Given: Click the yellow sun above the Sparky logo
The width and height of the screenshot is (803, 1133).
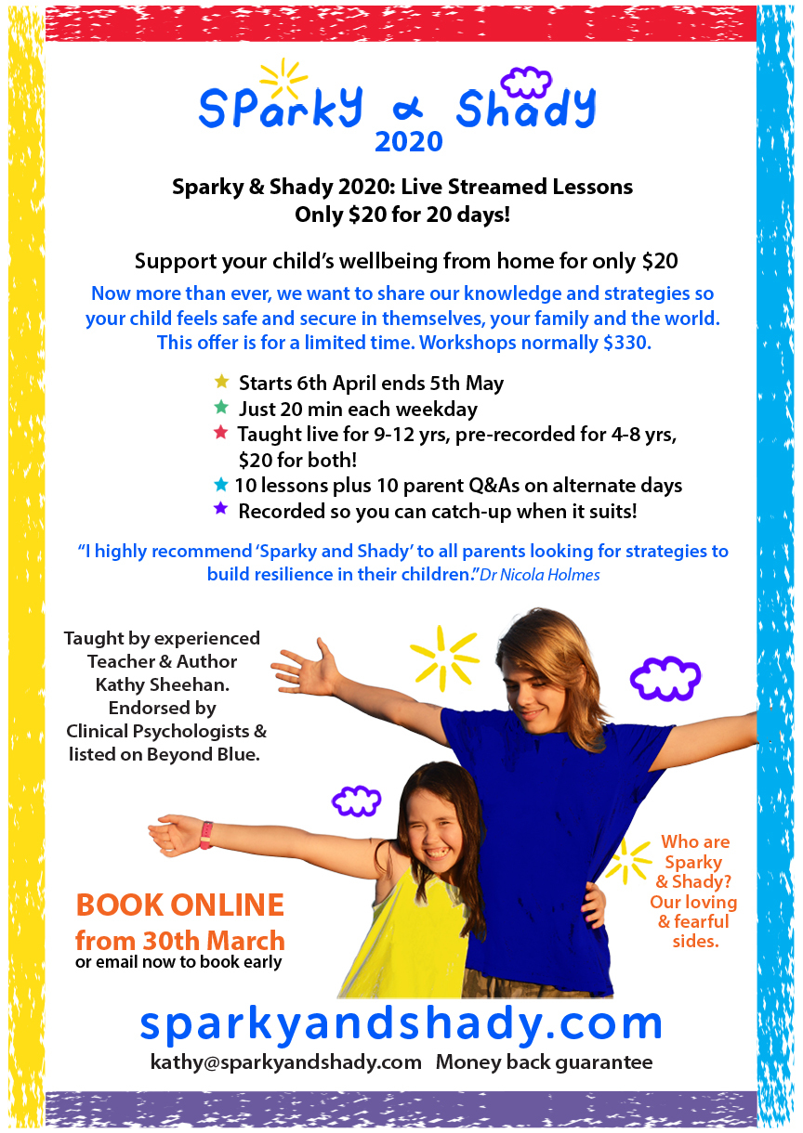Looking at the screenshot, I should click(x=282, y=80).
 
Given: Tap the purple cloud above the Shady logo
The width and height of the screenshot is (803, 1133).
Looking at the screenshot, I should click(x=525, y=82).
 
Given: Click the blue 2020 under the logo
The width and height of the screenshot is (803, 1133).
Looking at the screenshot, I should click(x=408, y=140).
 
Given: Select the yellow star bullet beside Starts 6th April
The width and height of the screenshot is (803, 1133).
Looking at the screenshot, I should click(x=221, y=381).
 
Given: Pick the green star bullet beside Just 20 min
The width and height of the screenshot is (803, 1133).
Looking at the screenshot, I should click(x=220, y=407).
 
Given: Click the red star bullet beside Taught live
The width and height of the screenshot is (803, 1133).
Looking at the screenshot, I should click(x=220, y=432).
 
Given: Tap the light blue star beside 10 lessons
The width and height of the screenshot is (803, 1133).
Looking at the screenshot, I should click(x=220, y=484).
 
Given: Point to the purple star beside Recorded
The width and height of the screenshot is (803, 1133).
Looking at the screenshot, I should click(x=220, y=509).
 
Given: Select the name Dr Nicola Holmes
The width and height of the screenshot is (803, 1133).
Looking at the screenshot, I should click(x=540, y=575).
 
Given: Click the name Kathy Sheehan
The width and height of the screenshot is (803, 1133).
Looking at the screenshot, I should click(x=163, y=684).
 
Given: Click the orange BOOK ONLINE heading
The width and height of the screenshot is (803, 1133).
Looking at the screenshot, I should click(x=179, y=905).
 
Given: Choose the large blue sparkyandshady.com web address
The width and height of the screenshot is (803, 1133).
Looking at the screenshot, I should click(x=401, y=1022).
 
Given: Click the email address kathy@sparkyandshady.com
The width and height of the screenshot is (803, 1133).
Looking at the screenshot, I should click(x=285, y=1061).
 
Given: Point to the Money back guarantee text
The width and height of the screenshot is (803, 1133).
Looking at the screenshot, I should click(x=544, y=1061).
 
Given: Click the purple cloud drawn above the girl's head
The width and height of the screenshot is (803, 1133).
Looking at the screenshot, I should click(x=357, y=800).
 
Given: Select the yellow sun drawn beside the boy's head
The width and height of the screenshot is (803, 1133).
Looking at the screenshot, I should click(x=443, y=656).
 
